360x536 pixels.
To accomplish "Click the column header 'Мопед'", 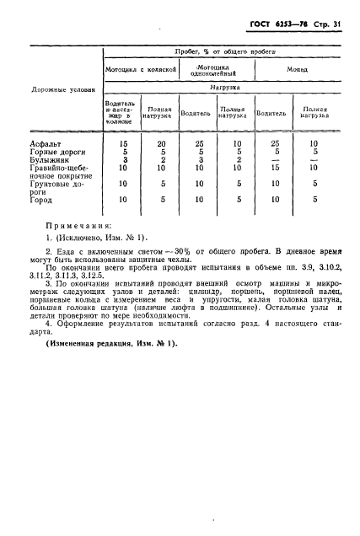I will (x=296, y=69).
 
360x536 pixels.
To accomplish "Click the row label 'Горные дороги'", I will (x=55, y=153).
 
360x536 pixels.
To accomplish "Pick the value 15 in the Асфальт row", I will (x=123, y=145).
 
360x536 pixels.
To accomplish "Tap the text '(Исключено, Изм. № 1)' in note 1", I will (x=106, y=239).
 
